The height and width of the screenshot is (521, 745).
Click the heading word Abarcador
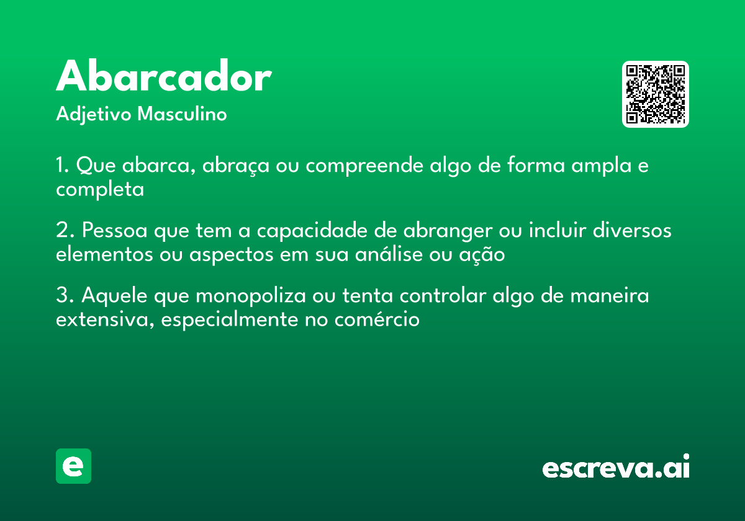point(164,78)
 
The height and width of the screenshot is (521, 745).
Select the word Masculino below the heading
point(182,115)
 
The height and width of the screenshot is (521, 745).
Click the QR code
point(656,94)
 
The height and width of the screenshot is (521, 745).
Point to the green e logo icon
point(73,466)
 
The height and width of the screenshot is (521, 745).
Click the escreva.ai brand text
point(616,467)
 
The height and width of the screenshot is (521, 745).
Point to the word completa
point(100,190)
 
